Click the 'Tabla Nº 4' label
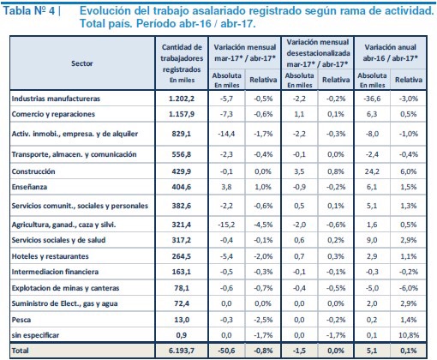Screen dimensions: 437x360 (x=29, y=11)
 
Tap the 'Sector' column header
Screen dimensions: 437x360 (x=82, y=63)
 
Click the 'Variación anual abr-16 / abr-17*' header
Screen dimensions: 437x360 (x=391, y=52)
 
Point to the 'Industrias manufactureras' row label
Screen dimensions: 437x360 (x=56, y=99)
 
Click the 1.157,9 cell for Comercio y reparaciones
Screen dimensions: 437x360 (x=182, y=114)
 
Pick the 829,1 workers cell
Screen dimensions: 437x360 (x=182, y=134)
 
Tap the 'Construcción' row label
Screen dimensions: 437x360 (x=33, y=171)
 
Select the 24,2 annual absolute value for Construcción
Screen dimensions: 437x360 (x=372, y=171)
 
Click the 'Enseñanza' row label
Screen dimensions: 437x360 (x=29, y=187)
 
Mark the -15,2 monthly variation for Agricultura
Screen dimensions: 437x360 (x=226, y=225)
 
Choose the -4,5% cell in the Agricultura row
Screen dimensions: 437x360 (x=263, y=225)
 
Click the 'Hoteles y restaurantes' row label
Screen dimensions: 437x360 (x=51, y=256)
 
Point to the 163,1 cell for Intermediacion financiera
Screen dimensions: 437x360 (x=182, y=272)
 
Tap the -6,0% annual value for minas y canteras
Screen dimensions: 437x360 (x=409, y=288)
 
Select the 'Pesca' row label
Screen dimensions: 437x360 (x=21, y=320)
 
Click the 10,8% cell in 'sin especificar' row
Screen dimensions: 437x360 (x=409, y=335)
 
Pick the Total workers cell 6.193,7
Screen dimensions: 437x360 (x=182, y=351)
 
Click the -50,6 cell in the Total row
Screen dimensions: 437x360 (x=226, y=351)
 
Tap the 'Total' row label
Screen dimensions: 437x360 (x=20, y=351)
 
